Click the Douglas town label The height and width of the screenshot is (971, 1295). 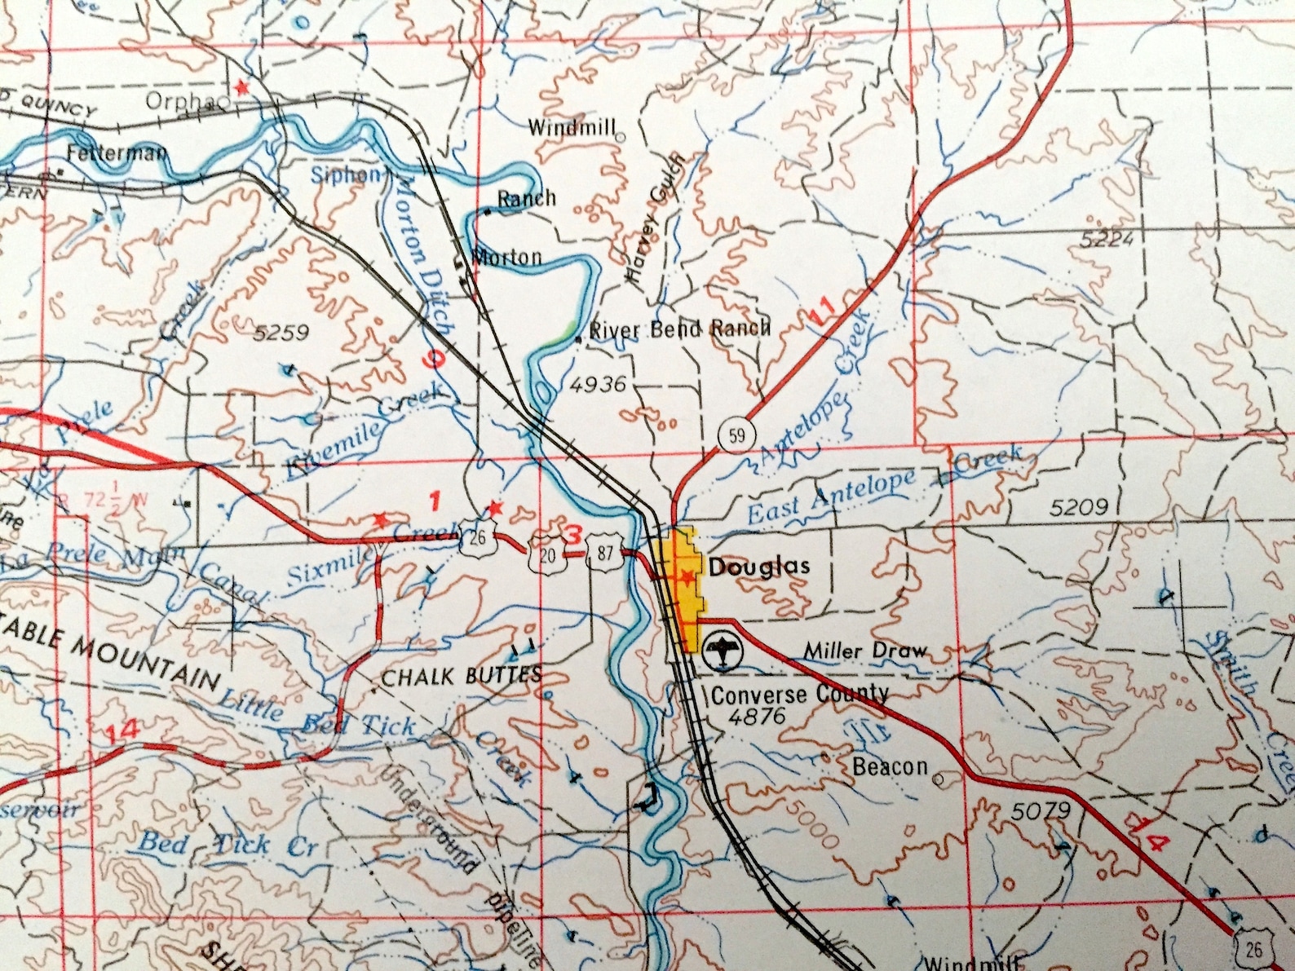coord(759,567)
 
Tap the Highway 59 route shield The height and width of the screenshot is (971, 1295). coord(736,435)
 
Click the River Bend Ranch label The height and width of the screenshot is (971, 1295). coord(679,329)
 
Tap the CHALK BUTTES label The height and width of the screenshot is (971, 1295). coord(462,675)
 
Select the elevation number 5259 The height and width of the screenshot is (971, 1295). coord(281,333)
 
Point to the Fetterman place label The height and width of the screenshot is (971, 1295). coord(117,152)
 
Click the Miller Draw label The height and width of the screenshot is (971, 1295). coord(865,651)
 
